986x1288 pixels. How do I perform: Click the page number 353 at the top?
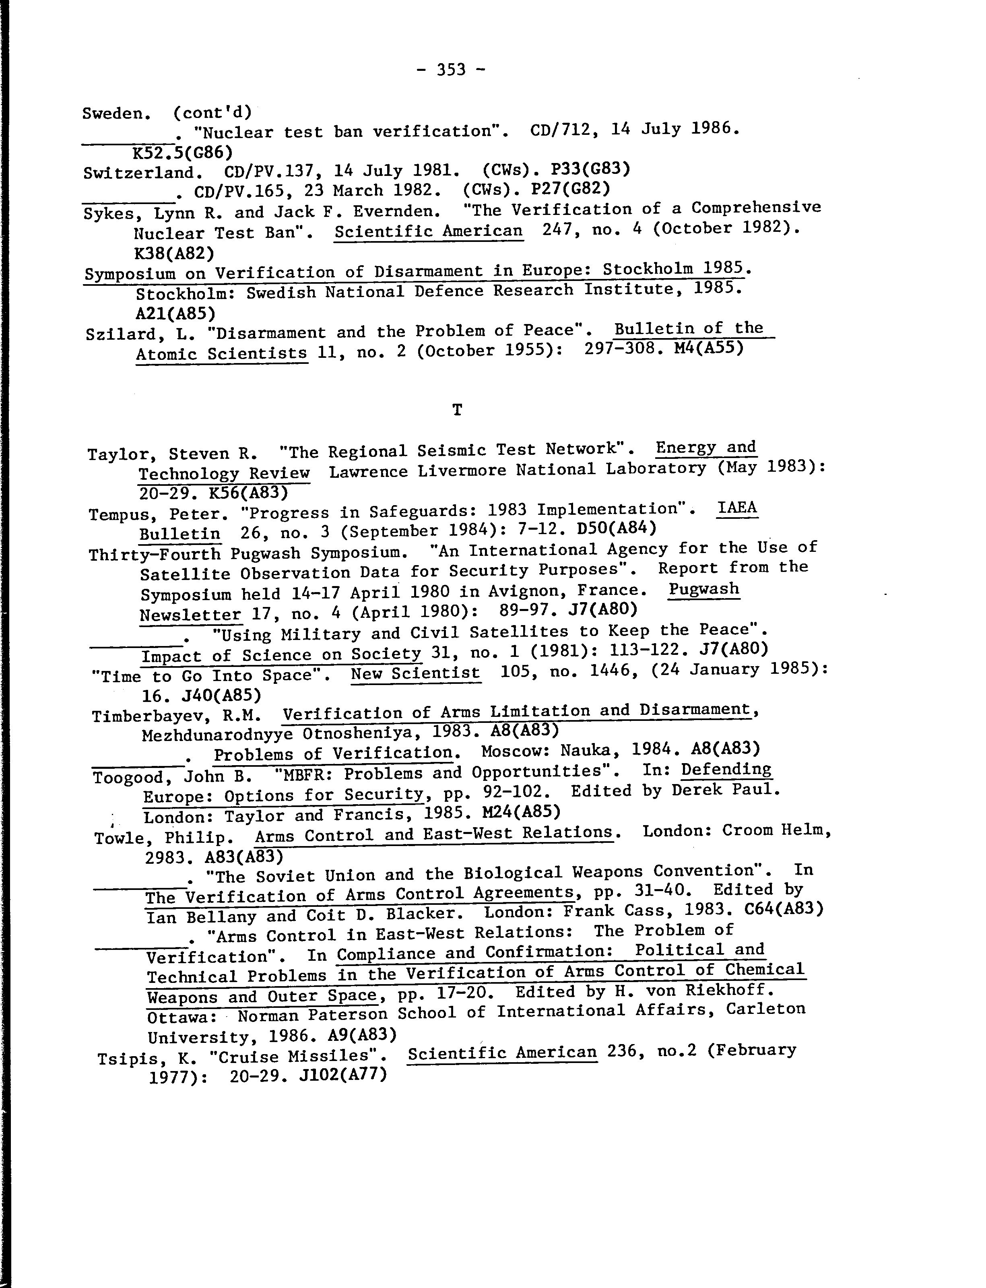451,70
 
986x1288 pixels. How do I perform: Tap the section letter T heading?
457,410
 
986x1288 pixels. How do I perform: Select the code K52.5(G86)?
183,153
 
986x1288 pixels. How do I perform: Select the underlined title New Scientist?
415,673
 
